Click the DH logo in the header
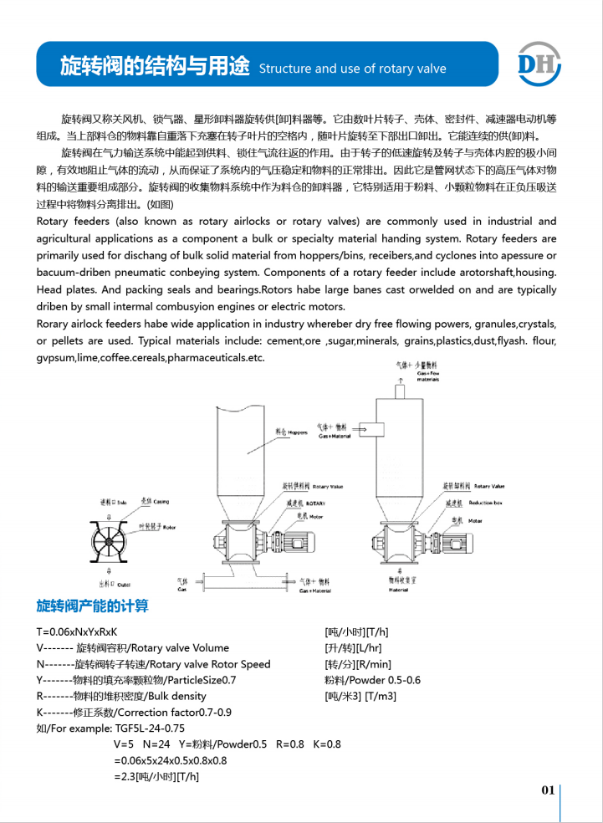pyautogui.click(x=539, y=62)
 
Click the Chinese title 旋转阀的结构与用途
pyautogui.click(x=156, y=68)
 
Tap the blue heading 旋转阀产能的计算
pyautogui.click(x=92, y=606)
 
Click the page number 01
pyautogui.click(x=548, y=790)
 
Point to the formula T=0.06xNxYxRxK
pyautogui.click(x=77, y=632)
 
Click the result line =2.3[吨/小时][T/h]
pyautogui.click(x=156, y=776)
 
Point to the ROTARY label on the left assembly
pyautogui.click(x=315, y=504)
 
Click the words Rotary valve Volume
pyautogui.click(x=176, y=648)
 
